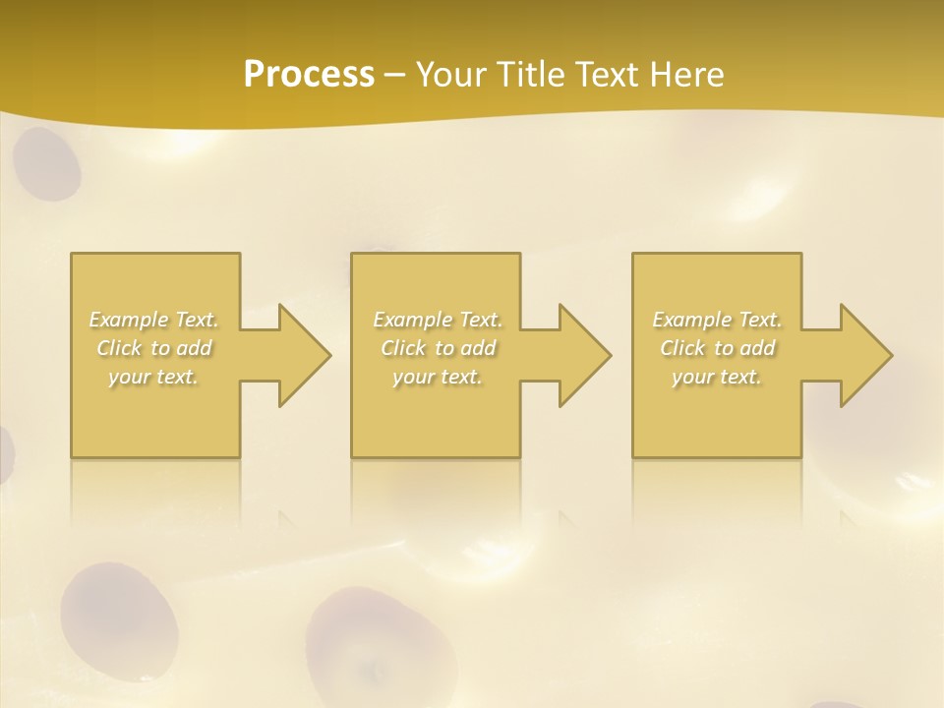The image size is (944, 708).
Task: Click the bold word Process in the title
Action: (x=309, y=74)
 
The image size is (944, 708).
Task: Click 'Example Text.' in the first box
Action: (x=154, y=320)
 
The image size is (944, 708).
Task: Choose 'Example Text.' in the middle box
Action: (x=438, y=320)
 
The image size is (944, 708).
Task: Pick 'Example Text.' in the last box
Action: (x=717, y=320)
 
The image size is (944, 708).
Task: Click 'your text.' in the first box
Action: (x=154, y=377)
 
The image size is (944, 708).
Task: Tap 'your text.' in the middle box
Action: (x=438, y=377)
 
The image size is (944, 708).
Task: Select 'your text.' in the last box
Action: (x=717, y=377)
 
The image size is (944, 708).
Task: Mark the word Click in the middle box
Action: (x=403, y=348)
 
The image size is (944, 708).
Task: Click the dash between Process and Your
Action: (x=395, y=74)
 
